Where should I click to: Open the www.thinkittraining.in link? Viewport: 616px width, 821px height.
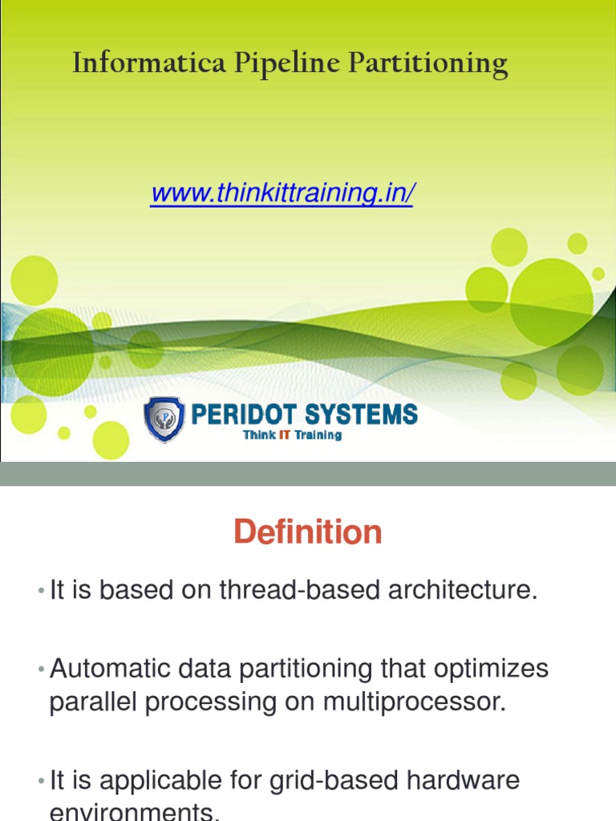click(x=282, y=193)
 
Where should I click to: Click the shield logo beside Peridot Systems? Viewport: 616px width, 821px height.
click(x=164, y=419)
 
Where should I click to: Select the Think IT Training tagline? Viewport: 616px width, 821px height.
click(x=292, y=435)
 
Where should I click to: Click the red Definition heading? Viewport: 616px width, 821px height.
click(x=308, y=532)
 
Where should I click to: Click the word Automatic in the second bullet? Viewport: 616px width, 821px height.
click(x=107, y=669)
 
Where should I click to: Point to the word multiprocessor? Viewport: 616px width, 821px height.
click(x=415, y=702)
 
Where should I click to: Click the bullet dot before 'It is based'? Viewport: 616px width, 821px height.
click(x=40, y=592)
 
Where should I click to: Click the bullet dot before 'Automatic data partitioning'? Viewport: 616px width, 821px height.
click(x=40, y=669)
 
